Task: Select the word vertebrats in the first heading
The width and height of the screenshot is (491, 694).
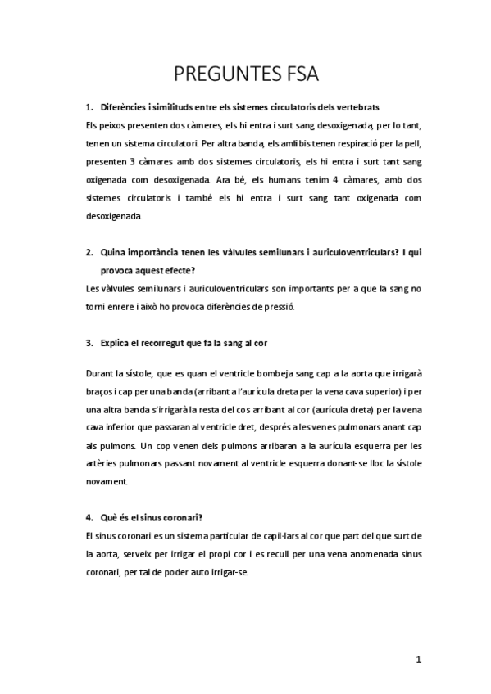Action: [354, 108]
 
